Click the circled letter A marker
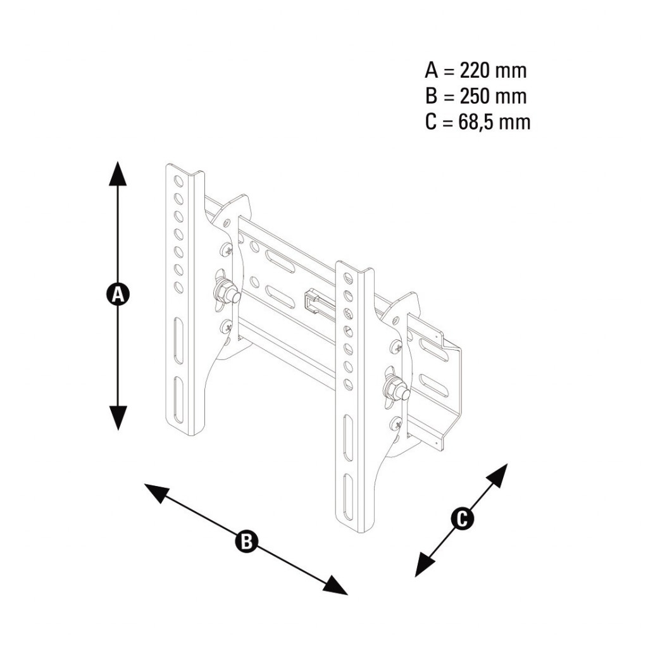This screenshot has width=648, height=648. pos(118,295)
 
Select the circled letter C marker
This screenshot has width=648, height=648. pos(462,519)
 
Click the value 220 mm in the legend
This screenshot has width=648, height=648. pos(493,71)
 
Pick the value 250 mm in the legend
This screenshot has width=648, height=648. pos(493,96)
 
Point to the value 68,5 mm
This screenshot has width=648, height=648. pos(494,122)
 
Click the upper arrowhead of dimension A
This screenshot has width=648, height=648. pos(118,173)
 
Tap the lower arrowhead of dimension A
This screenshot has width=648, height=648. pos(118,418)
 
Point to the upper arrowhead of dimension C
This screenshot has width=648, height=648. pos(497,474)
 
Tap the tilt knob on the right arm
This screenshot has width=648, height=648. pos(396,388)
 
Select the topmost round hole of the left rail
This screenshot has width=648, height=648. pos(178,180)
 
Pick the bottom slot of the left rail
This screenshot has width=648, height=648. pos(178,400)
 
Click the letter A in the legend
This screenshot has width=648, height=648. pos(431,71)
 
